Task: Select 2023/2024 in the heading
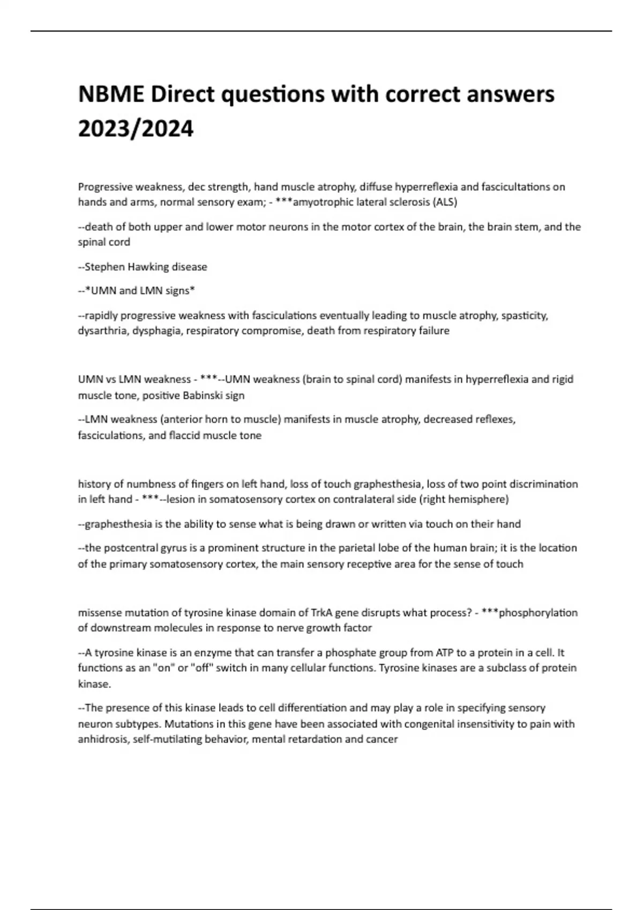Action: coord(136,129)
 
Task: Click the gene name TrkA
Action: coord(321,612)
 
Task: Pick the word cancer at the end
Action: coord(383,739)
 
